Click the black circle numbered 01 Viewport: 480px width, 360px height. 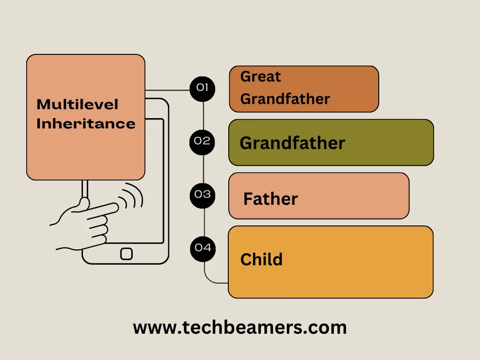coord(202,88)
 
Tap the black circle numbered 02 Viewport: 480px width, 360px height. coord(202,141)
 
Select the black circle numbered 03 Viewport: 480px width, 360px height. coord(202,195)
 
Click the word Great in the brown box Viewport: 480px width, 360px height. coord(261,76)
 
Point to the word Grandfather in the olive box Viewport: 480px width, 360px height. coord(292,143)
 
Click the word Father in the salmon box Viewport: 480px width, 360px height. coord(270,199)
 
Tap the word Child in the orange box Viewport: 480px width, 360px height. coord(262,259)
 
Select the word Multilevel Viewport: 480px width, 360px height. coord(77,104)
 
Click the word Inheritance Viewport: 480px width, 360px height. coord(86,124)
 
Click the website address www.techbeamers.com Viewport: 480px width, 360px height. coord(240,327)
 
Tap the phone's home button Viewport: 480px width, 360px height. coord(126,254)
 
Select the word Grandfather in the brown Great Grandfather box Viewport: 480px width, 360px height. coord(285,99)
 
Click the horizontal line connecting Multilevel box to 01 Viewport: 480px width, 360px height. coord(167,90)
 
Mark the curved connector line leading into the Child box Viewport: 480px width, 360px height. coord(211,280)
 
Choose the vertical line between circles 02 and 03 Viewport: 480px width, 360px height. coord(203,168)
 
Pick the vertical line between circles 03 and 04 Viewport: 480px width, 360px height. coord(204,221)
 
